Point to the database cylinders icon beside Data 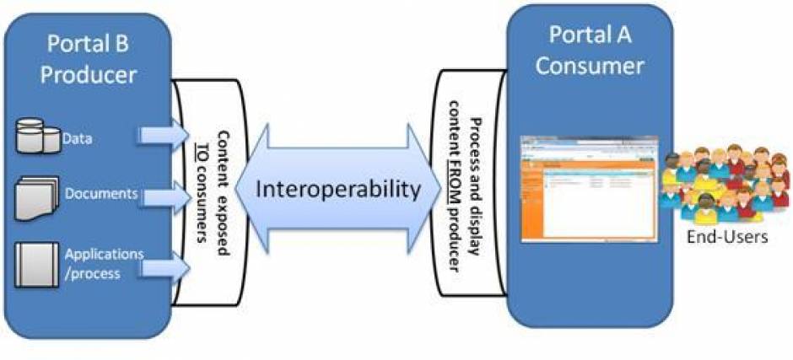[37, 137]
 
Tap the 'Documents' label [100, 194]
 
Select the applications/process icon [35, 266]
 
